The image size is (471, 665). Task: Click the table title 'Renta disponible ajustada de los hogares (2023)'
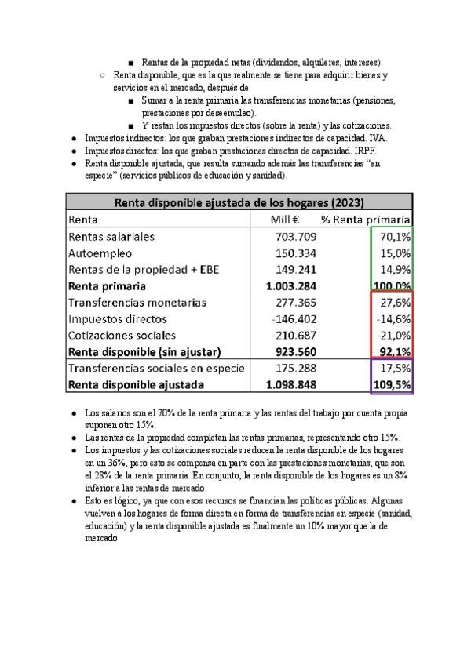coord(239,202)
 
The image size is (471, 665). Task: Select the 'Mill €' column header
coord(284,220)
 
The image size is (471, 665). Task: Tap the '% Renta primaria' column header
coord(367,220)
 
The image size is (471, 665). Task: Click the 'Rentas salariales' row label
coord(111,236)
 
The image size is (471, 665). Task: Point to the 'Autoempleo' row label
coord(100,253)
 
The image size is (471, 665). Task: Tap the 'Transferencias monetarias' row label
coord(137,303)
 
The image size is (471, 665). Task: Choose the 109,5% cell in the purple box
coord(393,385)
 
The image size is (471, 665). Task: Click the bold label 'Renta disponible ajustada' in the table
coord(137,385)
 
